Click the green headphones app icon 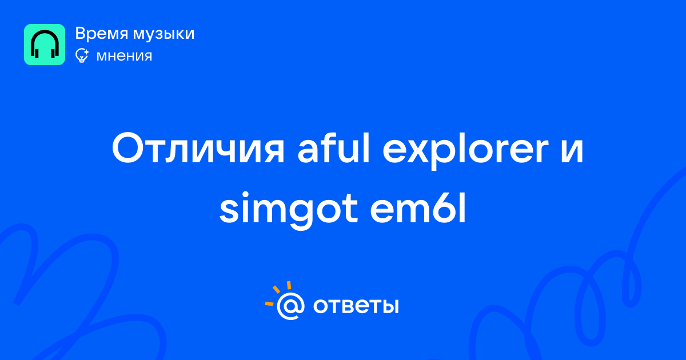[45, 45]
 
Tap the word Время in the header [102, 33]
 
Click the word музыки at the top [164, 34]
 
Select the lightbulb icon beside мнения [82, 55]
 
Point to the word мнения [125, 56]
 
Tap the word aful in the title [334, 148]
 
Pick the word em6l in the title [418, 208]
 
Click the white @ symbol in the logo [290, 306]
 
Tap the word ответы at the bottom [356, 306]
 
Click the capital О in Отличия [128, 148]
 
